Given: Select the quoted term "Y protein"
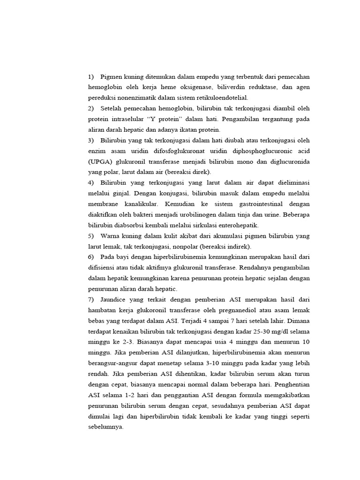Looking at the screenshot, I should coord(163,119).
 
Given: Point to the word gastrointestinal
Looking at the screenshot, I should coord(247,204).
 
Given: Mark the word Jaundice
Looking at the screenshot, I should coord(115,299).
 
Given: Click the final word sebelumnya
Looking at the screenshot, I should coord(105,427).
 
